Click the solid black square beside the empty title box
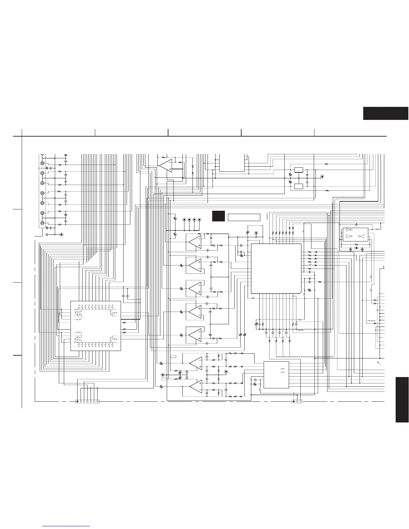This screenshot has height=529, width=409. click(x=219, y=216)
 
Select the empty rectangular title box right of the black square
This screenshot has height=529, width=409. click(x=244, y=217)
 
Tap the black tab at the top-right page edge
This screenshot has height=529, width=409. click(x=386, y=113)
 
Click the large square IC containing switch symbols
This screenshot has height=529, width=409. click(x=96, y=326)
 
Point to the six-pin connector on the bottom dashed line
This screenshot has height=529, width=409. click(x=88, y=401)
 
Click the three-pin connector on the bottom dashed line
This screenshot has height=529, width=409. click(x=297, y=401)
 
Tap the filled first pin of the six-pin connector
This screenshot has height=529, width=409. click(x=78, y=401)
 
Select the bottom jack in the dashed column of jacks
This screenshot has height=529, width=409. click(x=42, y=223)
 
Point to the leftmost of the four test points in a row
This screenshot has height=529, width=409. click(x=184, y=220)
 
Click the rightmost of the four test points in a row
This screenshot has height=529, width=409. click(x=199, y=220)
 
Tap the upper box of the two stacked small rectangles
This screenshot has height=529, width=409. click(x=299, y=170)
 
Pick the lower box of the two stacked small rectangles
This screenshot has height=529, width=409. click(x=299, y=186)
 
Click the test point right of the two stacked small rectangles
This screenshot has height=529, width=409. click(x=322, y=176)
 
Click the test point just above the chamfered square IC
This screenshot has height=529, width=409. click(x=256, y=233)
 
